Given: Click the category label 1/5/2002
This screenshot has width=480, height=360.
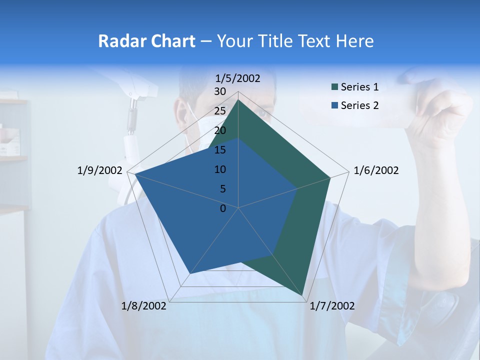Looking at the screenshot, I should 238,78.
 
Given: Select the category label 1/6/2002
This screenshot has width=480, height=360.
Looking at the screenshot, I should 376,170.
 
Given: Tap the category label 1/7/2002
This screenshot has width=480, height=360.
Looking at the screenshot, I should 332,306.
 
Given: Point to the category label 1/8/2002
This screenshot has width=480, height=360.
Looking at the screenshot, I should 144,306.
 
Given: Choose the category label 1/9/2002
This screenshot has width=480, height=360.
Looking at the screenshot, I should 100,170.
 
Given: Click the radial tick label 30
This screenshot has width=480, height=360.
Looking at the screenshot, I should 220,91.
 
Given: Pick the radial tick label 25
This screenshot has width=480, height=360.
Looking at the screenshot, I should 220,111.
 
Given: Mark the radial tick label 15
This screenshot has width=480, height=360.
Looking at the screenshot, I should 220,150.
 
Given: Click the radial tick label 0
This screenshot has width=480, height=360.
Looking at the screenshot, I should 223,208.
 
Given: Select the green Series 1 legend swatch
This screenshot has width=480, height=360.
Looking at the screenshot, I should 335,87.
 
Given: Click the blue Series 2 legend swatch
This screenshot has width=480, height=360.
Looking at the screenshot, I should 335,105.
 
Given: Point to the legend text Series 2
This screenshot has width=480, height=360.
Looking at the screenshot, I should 359,105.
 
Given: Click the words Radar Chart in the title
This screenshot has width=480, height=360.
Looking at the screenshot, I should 146,41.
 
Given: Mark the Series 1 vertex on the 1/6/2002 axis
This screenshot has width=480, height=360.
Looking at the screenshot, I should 330,177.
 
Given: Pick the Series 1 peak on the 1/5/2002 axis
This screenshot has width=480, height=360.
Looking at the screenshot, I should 238,99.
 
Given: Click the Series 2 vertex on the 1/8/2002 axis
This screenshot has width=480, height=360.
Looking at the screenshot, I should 190,273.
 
